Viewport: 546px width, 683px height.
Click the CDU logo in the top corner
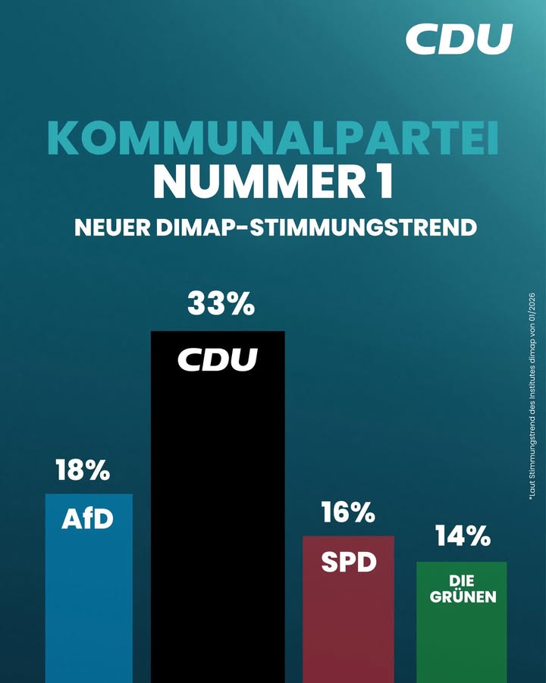(459, 39)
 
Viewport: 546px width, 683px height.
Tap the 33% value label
(220, 305)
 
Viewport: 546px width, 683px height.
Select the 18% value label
(83, 471)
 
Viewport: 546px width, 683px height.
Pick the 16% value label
(348, 513)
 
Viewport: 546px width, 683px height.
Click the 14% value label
(462, 537)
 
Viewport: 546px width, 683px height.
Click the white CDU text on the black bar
(218, 359)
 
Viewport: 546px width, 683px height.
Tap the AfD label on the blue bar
(87, 520)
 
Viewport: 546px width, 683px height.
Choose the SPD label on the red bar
(348, 562)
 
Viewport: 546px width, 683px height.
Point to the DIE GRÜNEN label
(463, 589)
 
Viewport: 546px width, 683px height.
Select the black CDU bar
(218, 515)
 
